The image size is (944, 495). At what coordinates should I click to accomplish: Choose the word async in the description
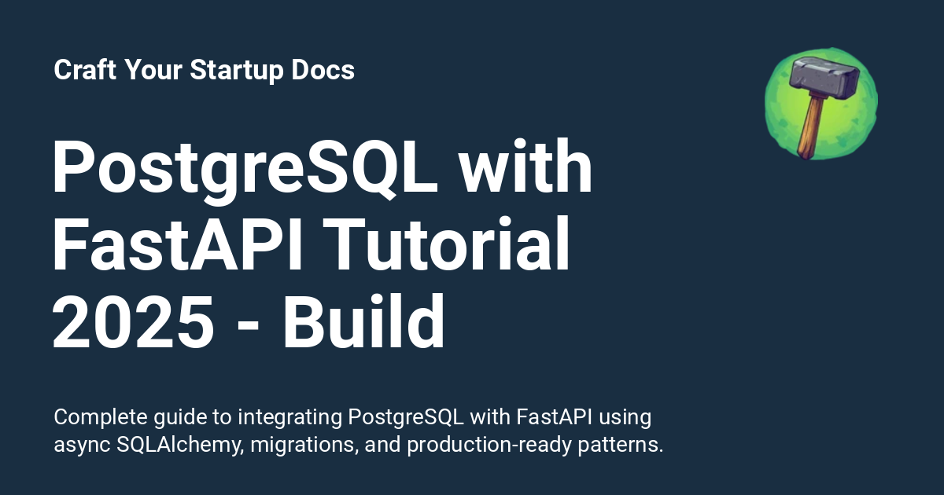(83, 445)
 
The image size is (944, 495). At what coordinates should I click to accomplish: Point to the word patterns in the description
(622, 445)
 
